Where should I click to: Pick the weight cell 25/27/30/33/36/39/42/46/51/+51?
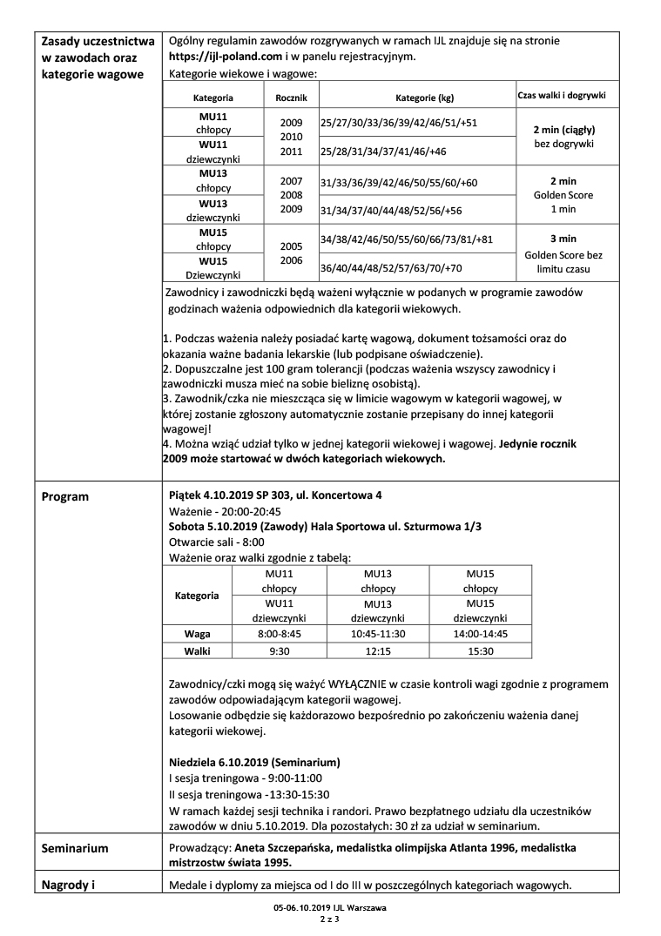click(x=399, y=123)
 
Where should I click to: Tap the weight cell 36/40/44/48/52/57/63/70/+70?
click(x=391, y=267)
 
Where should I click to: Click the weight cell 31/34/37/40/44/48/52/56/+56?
click(x=391, y=210)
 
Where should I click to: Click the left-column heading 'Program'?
click(x=66, y=496)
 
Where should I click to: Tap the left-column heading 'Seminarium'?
click(x=76, y=847)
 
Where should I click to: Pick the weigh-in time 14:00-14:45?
click(x=481, y=633)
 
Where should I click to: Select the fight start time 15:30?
click(x=481, y=650)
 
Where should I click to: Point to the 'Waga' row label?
click(x=197, y=633)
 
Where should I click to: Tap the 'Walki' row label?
click(x=197, y=650)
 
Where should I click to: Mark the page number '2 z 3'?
click(x=330, y=919)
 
